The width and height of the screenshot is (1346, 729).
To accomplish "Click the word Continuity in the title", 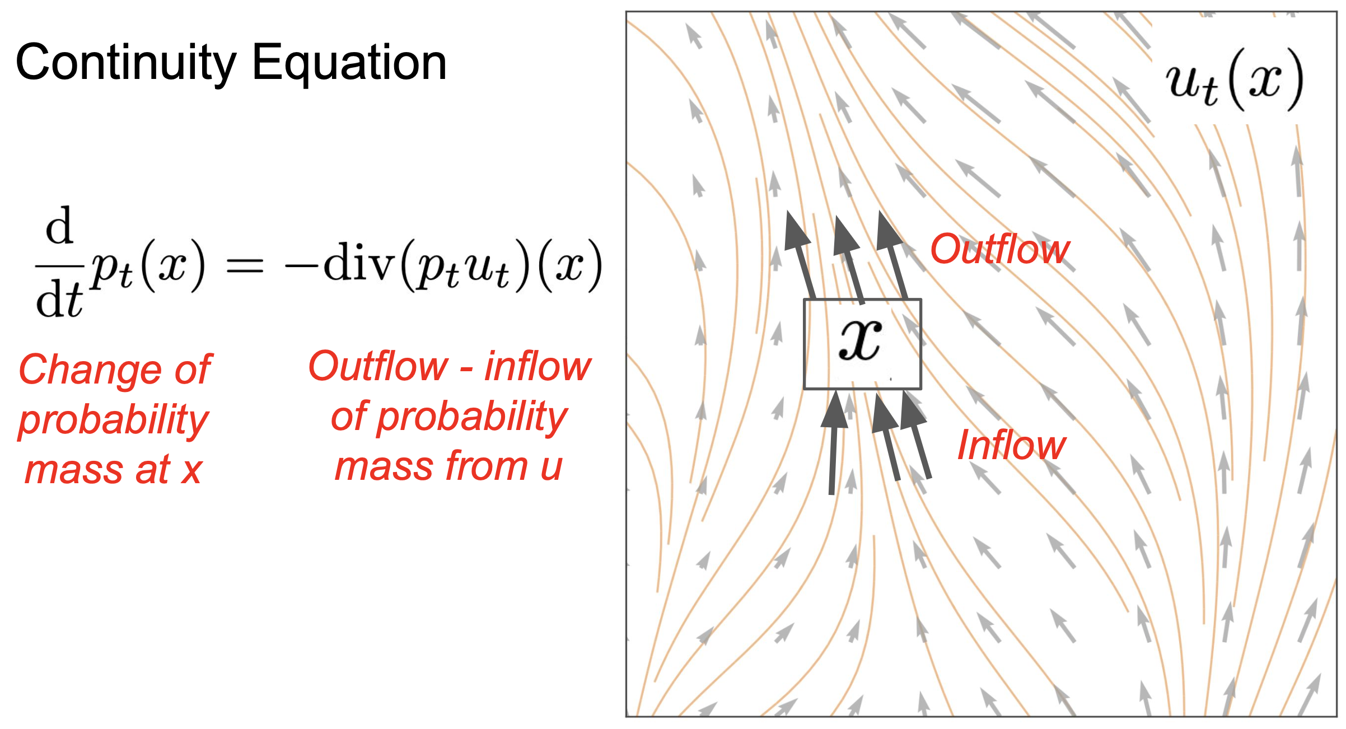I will [126, 63].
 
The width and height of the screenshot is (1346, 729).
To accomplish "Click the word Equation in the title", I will [349, 63].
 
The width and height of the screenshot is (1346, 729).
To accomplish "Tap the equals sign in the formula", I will [244, 265].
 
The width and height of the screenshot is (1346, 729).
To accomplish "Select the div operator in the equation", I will [359, 263].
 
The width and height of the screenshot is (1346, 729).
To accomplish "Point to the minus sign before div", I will [301, 265].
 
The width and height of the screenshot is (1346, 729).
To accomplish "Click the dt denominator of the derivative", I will [59, 301].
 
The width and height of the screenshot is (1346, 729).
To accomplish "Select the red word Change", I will [90, 370].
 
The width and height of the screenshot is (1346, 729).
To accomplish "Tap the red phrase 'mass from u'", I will [448, 466].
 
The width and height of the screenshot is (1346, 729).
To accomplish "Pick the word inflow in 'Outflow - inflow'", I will [538, 367].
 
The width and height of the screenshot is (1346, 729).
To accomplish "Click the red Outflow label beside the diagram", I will [1000, 250].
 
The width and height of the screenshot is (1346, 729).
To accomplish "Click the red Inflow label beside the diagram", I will [1012, 446].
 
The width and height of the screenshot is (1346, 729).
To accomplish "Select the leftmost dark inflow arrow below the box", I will [834, 442].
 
